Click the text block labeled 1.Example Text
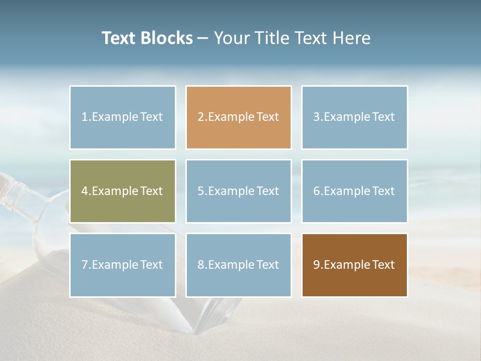(x=123, y=117)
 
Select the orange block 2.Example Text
(x=238, y=117)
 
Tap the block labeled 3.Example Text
(x=354, y=117)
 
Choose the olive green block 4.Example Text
(x=123, y=191)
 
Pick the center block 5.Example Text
(x=238, y=191)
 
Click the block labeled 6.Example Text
(x=354, y=191)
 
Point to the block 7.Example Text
(x=123, y=265)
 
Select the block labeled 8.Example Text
(x=238, y=265)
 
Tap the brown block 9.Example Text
(x=354, y=265)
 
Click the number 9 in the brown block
(x=316, y=265)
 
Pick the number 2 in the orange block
(x=200, y=117)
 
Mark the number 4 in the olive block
(x=85, y=191)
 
